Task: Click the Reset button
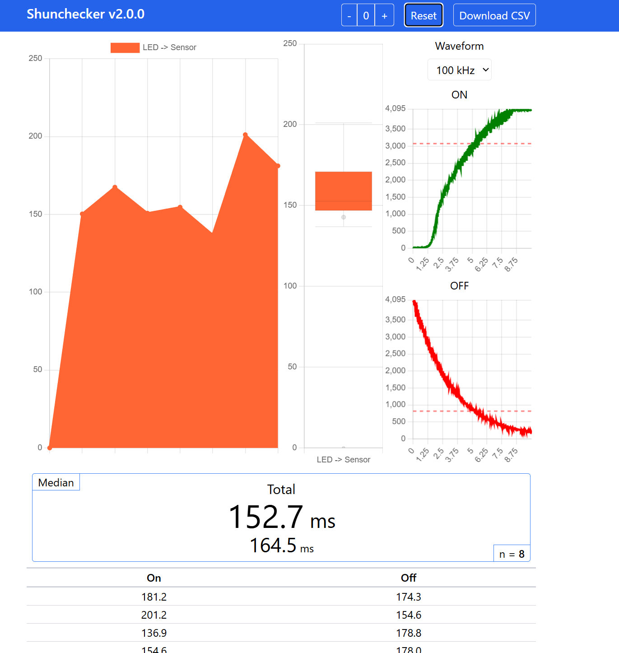click(x=424, y=15)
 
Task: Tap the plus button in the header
click(x=384, y=15)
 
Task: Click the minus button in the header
click(x=349, y=15)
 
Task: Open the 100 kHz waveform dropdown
click(x=459, y=70)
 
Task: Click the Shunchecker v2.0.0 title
click(x=85, y=14)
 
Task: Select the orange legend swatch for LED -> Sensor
click(x=125, y=47)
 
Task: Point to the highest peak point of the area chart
click(x=245, y=135)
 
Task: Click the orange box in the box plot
click(x=343, y=191)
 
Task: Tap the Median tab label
click(x=56, y=482)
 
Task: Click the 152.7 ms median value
click(x=281, y=518)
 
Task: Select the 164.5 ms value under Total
click(x=281, y=546)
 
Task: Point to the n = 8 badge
click(x=512, y=554)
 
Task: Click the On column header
click(x=154, y=578)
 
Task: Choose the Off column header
click(x=409, y=578)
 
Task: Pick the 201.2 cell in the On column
click(x=154, y=615)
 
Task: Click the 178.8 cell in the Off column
click(x=409, y=633)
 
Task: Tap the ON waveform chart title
click(x=459, y=95)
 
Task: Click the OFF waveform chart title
click(x=459, y=286)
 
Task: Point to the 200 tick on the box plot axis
click(x=290, y=124)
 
